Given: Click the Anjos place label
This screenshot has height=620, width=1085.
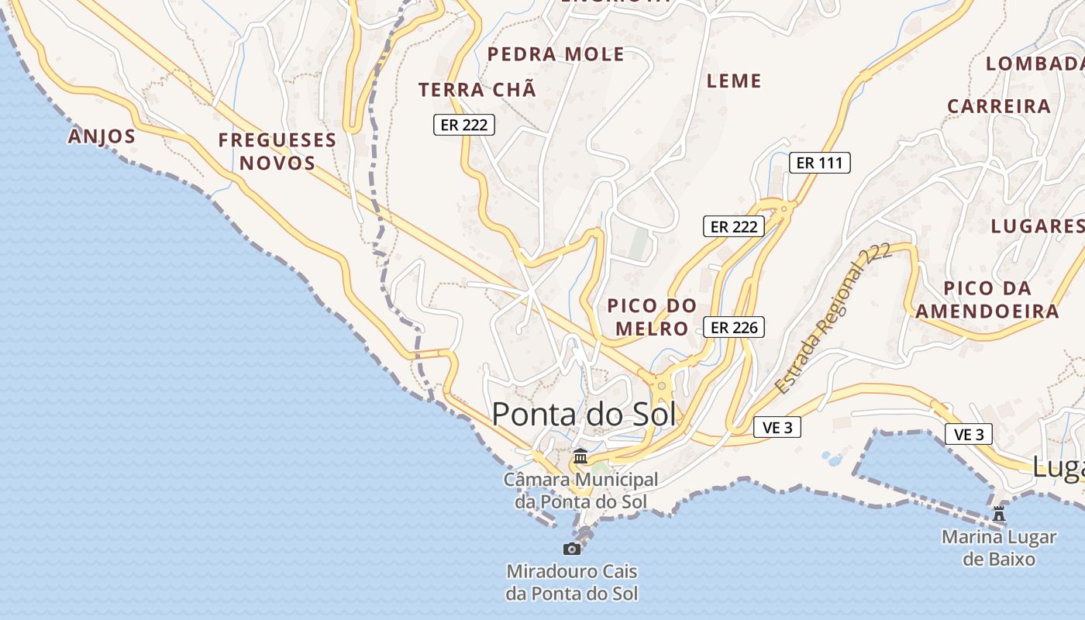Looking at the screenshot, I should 102,136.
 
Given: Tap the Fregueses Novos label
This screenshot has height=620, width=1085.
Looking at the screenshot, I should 277,151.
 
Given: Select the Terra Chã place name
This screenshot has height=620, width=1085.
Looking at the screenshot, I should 477,90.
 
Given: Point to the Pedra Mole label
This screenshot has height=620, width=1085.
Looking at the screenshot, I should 556,54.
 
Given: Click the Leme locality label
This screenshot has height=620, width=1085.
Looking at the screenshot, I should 734,81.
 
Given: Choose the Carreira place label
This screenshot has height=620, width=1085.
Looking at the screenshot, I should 999,106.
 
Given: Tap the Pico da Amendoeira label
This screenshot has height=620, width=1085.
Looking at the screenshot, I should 987,300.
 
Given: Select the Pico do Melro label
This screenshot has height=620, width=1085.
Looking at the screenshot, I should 652,317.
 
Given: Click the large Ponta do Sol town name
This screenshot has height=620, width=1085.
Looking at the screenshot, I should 584,415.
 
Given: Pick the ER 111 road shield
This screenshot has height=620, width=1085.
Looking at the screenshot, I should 820,163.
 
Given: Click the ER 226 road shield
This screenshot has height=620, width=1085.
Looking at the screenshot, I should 734,327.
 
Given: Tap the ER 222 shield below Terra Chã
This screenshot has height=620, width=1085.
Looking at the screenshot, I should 463,125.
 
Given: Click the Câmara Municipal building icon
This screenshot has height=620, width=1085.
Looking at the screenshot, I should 580,456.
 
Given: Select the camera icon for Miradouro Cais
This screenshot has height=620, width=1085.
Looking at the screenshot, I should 572,549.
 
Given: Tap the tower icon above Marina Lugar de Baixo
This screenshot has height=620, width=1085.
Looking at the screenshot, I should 999,513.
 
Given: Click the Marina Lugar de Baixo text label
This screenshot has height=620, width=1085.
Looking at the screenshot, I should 999,547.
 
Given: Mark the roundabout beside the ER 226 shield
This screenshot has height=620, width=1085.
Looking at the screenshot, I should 661,384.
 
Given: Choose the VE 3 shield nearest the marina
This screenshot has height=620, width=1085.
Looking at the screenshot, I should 968,434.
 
